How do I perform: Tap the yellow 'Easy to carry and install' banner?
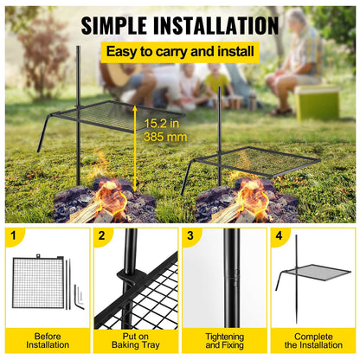tap(179, 53)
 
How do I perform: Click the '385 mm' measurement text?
tap(163, 138)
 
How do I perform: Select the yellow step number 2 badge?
tap(103, 235)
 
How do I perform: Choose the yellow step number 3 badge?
tap(190, 235)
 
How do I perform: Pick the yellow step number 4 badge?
tap(278, 235)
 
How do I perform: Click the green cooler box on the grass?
tap(317, 101)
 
